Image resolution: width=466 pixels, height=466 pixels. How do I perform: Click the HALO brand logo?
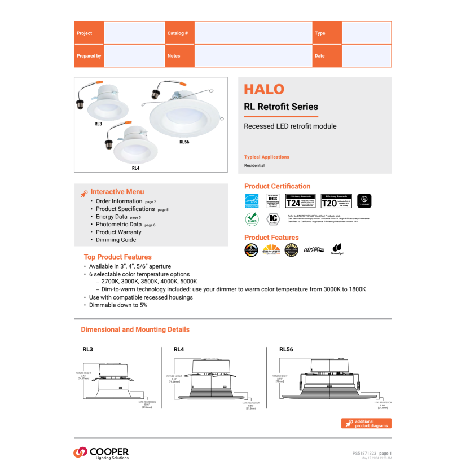pos(264,89)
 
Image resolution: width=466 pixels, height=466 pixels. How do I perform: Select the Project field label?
pos(85,33)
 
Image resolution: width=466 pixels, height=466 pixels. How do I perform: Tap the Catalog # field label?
pos(178,33)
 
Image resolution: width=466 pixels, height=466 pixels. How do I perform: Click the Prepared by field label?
pos(89,56)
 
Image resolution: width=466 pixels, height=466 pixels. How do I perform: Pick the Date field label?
pos(320,56)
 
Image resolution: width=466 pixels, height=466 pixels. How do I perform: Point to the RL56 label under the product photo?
pos(184,142)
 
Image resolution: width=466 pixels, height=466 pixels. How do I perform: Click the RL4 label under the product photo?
pos(135,168)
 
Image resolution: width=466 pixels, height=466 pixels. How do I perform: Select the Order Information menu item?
pos(119,201)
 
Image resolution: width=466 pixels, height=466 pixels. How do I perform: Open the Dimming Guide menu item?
pos(116,240)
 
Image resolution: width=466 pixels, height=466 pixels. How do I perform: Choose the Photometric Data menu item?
pos(118,225)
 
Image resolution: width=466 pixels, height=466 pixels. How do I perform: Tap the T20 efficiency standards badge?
pos(336,201)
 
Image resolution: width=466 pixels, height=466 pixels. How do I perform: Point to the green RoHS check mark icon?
pos(252,219)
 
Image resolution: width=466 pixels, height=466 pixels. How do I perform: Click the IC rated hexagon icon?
pos(274,219)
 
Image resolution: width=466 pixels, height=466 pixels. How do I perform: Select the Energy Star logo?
pos(252,201)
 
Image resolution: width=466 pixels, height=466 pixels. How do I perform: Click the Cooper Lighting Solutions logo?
pos(101,452)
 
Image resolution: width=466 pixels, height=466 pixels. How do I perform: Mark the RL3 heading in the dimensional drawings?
pos(87,349)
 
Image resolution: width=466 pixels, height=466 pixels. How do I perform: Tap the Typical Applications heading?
pos(267,157)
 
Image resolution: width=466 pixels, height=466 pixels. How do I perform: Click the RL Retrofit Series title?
pos(281,107)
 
